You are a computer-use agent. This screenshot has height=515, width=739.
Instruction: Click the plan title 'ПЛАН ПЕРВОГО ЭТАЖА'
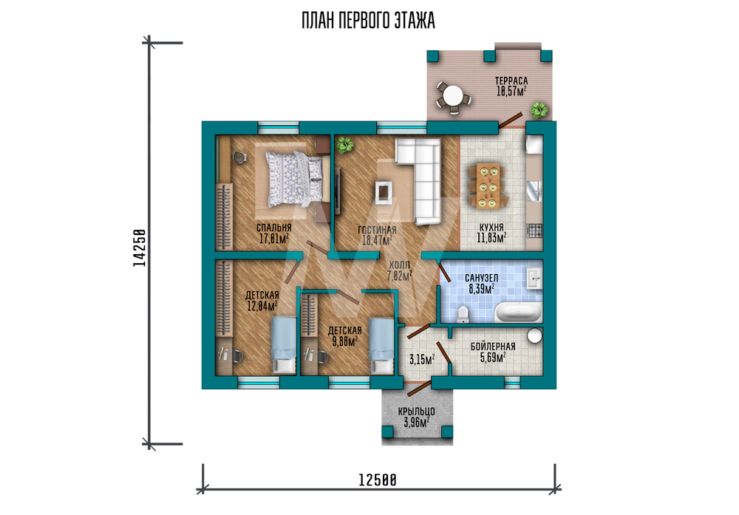(x=368, y=21)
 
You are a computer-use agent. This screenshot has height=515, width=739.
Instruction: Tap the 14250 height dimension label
(x=139, y=248)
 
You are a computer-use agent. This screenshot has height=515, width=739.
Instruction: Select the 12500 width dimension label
(x=378, y=480)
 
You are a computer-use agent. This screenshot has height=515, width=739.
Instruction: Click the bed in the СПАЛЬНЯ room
(x=296, y=179)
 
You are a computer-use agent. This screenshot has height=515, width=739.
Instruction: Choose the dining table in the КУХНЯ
(x=488, y=185)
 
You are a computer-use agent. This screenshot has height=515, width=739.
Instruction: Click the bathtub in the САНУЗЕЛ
(x=518, y=312)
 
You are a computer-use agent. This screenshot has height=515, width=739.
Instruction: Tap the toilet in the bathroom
(x=463, y=314)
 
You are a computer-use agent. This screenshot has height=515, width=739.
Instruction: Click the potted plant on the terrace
(x=539, y=110)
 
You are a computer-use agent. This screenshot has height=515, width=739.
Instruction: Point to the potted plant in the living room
(x=344, y=145)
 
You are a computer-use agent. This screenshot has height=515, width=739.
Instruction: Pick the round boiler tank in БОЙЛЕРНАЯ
(x=534, y=336)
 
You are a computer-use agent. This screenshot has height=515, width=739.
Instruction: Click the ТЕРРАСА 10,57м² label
(x=511, y=86)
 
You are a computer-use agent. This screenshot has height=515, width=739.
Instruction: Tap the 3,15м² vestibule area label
(x=422, y=360)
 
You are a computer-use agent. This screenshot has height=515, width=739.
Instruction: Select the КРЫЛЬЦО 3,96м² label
(x=417, y=417)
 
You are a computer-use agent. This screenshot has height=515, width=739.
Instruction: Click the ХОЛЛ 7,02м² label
(x=399, y=271)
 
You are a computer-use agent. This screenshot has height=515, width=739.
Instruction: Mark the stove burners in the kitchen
(x=534, y=231)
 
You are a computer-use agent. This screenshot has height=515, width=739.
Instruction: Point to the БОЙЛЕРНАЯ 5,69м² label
(x=493, y=352)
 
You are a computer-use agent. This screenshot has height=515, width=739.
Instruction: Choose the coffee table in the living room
(x=384, y=191)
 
